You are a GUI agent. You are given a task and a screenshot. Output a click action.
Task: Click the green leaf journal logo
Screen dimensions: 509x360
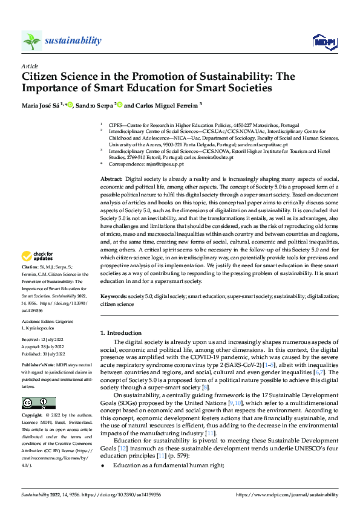pyautogui.click(x=31, y=41)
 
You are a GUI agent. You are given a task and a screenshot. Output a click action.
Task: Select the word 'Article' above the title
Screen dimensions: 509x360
pyautogui.click(x=30, y=65)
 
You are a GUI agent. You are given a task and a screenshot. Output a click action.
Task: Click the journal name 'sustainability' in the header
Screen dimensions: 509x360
pyautogui.click(x=73, y=41)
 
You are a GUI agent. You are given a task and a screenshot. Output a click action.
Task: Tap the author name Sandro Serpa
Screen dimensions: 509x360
pyautogui.click(x=95, y=105)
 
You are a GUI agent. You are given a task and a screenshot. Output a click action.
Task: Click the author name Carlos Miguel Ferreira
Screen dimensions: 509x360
pyautogui.click(x=163, y=105)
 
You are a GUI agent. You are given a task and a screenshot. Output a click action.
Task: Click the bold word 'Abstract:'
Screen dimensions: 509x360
pyautogui.click(x=111, y=180)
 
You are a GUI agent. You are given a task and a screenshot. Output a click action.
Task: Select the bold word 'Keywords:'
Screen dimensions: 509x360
pyautogui.click(x=113, y=297)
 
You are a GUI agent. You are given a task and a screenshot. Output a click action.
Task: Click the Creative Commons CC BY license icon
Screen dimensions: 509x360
pyautogui.click(x=38, y=386)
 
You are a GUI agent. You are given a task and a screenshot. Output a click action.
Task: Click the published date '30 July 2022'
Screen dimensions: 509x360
pyautogui.click(x=56, y=353)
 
